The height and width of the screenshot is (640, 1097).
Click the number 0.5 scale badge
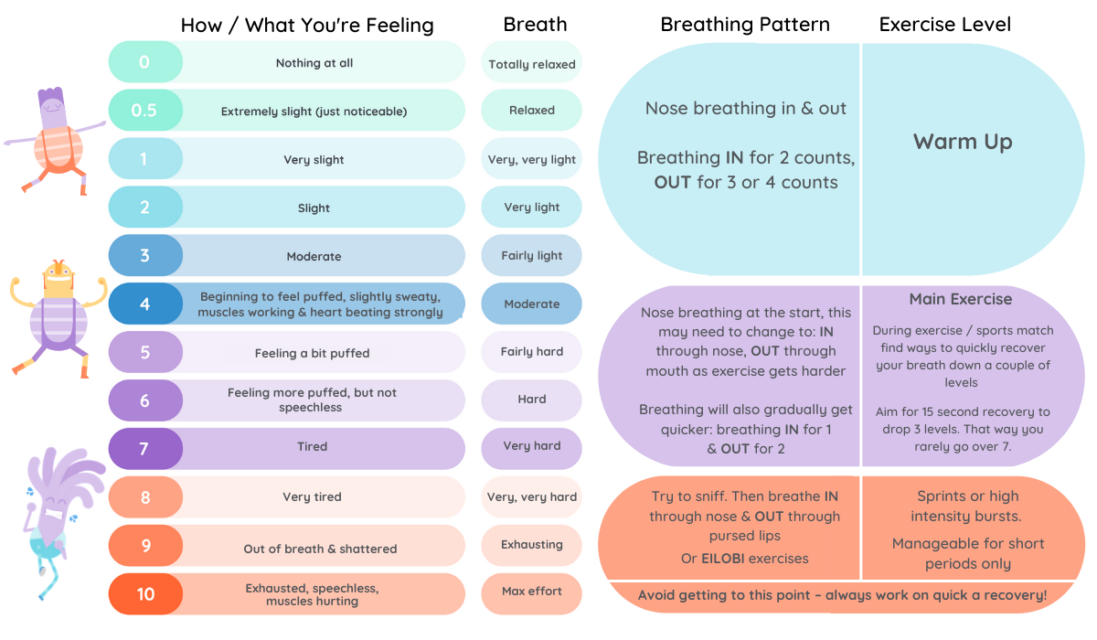[x=144, y=111]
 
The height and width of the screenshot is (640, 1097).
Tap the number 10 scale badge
[x=145, y=594]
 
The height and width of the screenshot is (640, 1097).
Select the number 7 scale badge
[x=144, y=448]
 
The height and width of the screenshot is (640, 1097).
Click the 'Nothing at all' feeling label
[x=314, y=63]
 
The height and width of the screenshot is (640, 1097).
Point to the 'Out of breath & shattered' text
[x=320, y=549]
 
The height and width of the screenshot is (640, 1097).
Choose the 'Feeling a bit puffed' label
[x=312, y=353]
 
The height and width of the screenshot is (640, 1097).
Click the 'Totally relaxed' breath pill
[x=532, y=64]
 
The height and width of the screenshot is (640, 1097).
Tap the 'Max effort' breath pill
[x=532, y=592]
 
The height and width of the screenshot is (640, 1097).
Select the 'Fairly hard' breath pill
[x=532, y=352]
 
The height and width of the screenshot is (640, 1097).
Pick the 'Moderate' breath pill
[x=532, y=304]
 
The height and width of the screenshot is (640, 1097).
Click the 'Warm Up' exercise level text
[x=963, y=142]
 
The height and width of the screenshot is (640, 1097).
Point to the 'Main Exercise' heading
[x=960, y=299]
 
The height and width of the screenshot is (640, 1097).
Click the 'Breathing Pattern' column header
[x=745, y=25]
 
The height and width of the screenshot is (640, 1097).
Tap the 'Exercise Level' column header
[x=945, y=25]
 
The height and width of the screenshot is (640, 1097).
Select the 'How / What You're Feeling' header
[x=307, y=25]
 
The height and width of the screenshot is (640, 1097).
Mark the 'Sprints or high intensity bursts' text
[x=967, y=507]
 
